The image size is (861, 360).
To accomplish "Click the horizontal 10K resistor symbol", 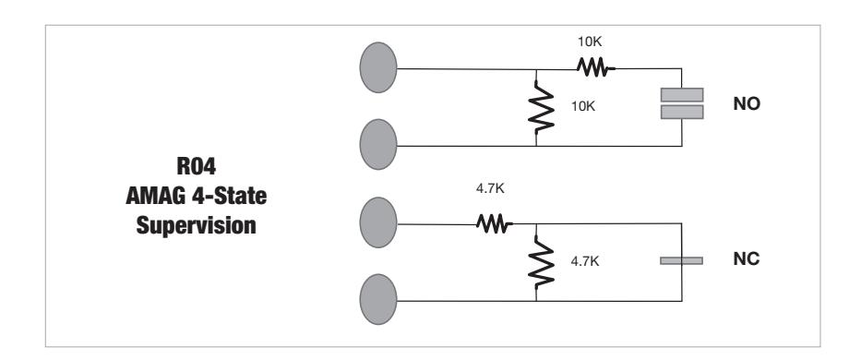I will coord(591,67).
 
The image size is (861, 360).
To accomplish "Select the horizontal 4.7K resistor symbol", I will coord(490,222).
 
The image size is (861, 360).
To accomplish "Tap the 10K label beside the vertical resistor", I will coord(583,107).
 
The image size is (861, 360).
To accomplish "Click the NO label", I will coord(746,104).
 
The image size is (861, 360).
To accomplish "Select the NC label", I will coord(745,261).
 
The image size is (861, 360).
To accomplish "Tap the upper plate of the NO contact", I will coord(682,94).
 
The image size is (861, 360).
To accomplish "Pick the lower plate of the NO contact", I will coord(682,112).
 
